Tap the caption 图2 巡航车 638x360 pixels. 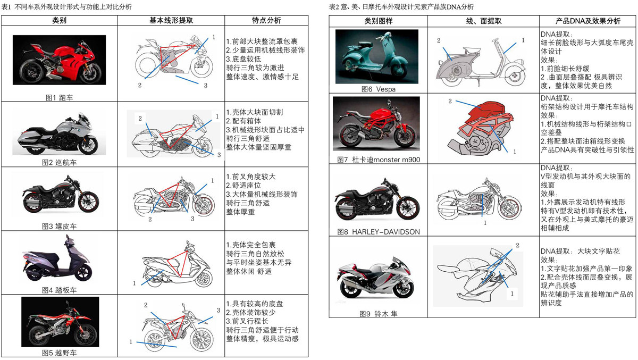[59, 162]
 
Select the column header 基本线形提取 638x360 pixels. [171, 21]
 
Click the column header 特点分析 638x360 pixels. [266, 21]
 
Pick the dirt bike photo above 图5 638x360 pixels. [59, 322]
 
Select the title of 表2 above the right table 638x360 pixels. [401, 7]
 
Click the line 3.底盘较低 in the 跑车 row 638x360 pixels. [245, 59]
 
